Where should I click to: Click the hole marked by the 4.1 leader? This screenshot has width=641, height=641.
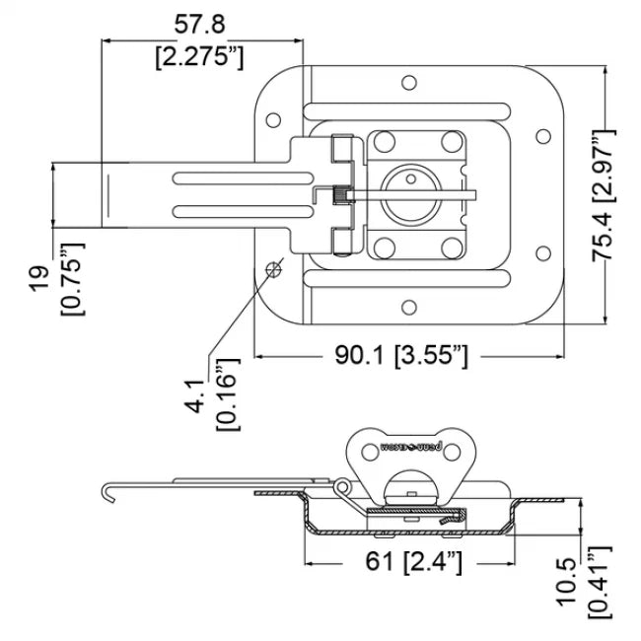(x=276, y=267)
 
